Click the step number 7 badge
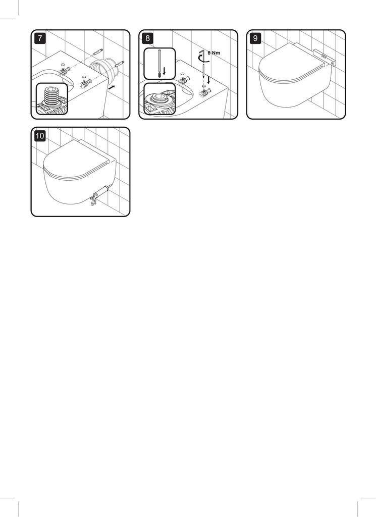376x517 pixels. click(x=40, y=38)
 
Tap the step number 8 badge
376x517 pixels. click(x=148, y=38)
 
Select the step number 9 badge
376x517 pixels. click(x=255, y=38)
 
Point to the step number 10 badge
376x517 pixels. click(x=40, y=136)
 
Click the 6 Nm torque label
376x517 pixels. click(x=214, y=53)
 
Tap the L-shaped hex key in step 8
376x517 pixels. click(x=202, y=54)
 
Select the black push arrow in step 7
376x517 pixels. click(x=112, y=87)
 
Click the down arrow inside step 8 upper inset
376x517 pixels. click(x=165, y=71)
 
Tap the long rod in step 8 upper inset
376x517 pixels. click(x=160, y=64)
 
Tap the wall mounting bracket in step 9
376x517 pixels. click(x=325, y=57)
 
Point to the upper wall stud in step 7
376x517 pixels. click(x=98, y=52)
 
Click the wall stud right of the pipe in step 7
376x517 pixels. click(x=119, y=64)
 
